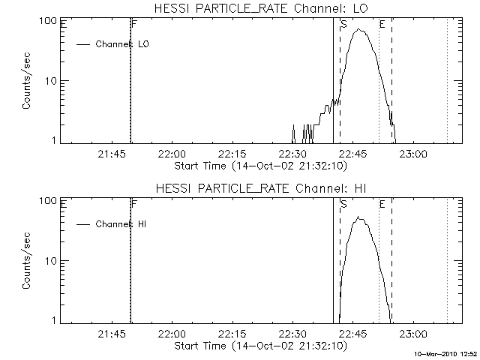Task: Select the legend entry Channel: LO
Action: (123, 44)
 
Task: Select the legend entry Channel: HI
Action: (120, 224)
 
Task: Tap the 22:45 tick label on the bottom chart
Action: (352, 334)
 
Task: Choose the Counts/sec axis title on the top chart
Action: (26, 81)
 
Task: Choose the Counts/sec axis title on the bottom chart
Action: (26, 261)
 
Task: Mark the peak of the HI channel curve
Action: (359, 217)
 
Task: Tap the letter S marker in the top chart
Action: (343, 24)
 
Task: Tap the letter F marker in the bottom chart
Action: (133, 203)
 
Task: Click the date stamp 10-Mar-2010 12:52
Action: (446, 352)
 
